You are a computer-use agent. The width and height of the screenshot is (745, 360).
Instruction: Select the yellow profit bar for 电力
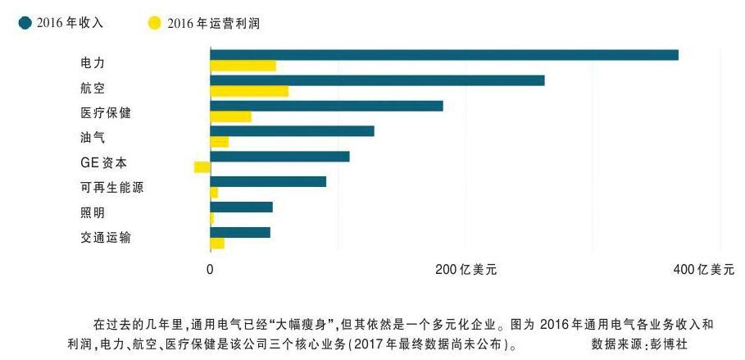pos(243,66)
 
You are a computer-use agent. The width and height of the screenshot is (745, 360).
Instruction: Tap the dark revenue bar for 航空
pos(377,80)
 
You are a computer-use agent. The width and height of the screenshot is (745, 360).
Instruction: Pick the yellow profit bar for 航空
pos(249,91)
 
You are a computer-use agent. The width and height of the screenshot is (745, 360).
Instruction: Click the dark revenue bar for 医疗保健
pos(326,106)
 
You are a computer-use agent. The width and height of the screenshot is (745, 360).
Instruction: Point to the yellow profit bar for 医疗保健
pos(230,116)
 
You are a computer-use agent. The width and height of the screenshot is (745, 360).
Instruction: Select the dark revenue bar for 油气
pos(292,131)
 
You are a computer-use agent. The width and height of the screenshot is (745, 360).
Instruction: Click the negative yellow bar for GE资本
pos(202,167)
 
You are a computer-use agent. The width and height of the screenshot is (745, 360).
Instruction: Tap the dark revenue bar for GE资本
pos(279,157)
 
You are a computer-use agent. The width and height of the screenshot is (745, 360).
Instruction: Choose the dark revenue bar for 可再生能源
pos(268,181)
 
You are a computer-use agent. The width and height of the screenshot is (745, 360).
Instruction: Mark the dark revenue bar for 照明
pos(241,207)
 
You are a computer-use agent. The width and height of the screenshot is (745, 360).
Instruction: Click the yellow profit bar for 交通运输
pos(217,243)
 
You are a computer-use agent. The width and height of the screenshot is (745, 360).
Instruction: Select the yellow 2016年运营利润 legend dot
pos(154,23)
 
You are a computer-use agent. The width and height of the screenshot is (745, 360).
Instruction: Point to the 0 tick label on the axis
pos(210,269)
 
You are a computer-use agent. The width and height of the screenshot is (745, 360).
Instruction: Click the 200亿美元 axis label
pos(466,269)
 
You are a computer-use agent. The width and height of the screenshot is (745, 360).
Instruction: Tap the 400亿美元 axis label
pos(703,269)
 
